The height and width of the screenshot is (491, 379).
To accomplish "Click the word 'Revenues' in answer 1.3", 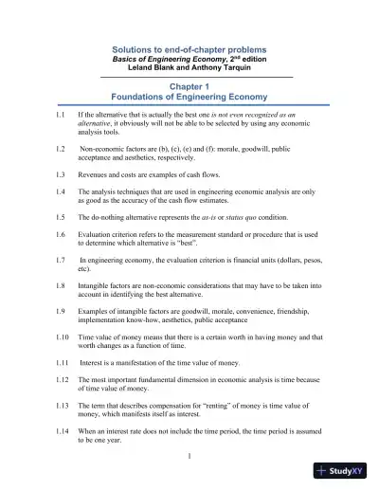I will point(95,174).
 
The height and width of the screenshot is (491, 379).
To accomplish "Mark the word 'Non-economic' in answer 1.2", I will point(104,150).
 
